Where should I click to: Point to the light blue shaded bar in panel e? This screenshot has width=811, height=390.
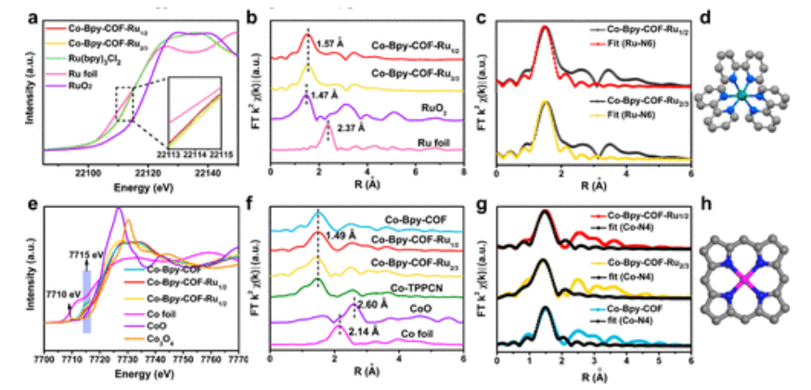point(87,300)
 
